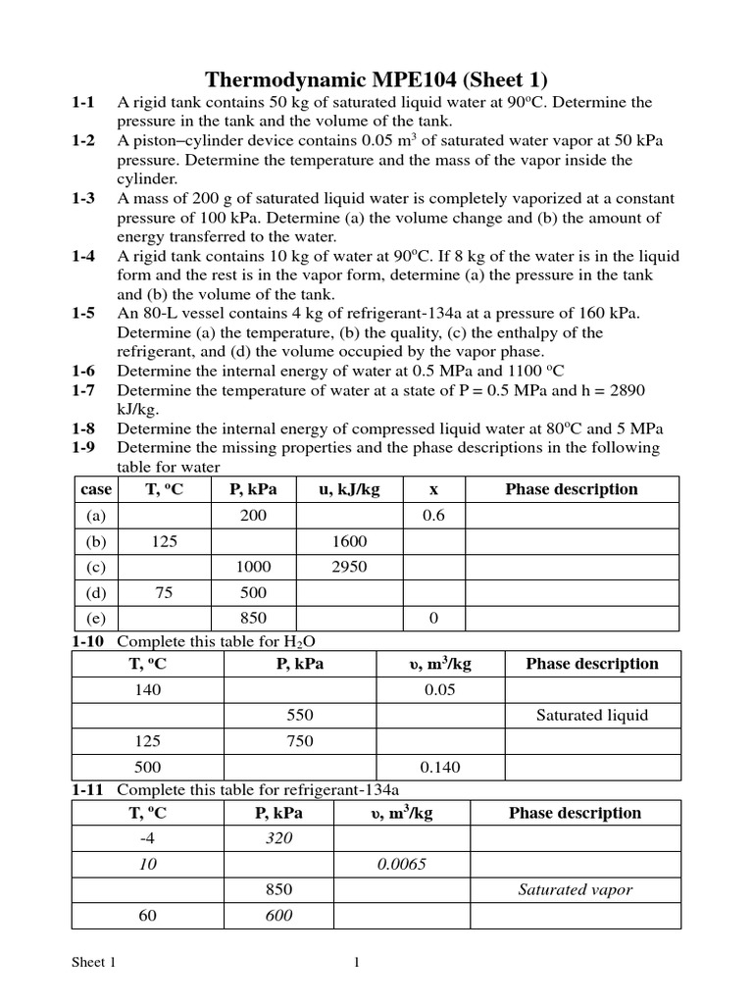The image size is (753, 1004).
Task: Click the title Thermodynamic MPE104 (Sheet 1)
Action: pos(376,79)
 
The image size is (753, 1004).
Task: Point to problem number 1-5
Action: pos(83,314)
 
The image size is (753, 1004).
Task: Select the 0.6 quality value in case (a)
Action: pos(433,516)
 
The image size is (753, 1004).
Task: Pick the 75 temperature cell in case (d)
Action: pos(165,592)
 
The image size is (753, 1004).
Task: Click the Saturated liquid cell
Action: pos(592,715)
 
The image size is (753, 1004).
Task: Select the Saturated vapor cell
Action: pos(576,890)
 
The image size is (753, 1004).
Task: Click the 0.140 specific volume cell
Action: pos(440,767)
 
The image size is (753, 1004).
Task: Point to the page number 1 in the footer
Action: pos(357,963)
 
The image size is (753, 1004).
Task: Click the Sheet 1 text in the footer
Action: pos(94,963)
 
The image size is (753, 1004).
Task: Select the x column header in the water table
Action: pos(433,489)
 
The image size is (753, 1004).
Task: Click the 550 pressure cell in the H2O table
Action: pos(300,715)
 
